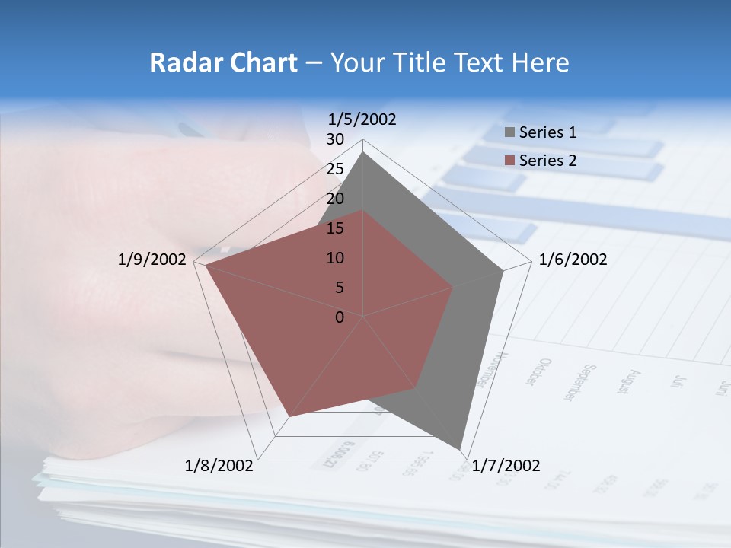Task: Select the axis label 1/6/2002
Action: click(573, 260)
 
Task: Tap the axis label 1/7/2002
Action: click(506, 466)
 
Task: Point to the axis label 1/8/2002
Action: click(219, 466)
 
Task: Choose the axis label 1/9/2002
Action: click(152, 260)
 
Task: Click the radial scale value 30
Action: click(335, 139)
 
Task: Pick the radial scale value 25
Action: click(335, 169)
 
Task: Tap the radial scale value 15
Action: click(335, 228)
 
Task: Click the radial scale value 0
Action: click(340, 317)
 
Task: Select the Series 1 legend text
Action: click(547, 132)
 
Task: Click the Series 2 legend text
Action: click(547, 161)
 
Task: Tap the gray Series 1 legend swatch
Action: click(509, 132)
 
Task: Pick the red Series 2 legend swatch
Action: click(509, 161)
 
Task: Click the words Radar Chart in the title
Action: click(223, 62)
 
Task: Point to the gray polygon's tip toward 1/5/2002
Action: click(363, 152)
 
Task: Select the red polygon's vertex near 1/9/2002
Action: click(206, 266)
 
